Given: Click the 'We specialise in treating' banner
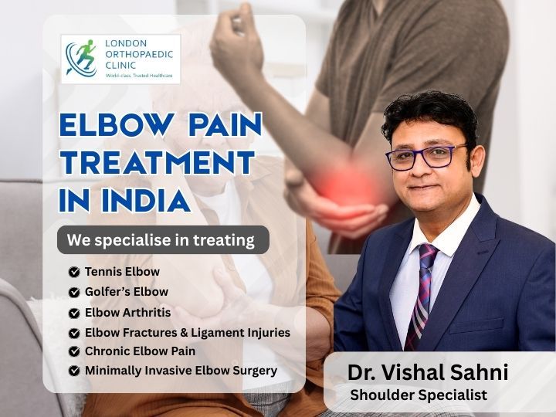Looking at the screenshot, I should point(163,240).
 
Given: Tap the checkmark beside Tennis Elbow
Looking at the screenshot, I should point(74,273).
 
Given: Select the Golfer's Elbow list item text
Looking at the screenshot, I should point(127,292).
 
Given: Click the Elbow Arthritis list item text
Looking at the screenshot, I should point(128,313).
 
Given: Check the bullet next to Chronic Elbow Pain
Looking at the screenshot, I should point(74,352).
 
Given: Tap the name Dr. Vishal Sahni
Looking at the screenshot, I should point(427,373).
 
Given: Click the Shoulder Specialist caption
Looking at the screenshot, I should point(419,395).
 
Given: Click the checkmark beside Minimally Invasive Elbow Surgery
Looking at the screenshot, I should point(74,371).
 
